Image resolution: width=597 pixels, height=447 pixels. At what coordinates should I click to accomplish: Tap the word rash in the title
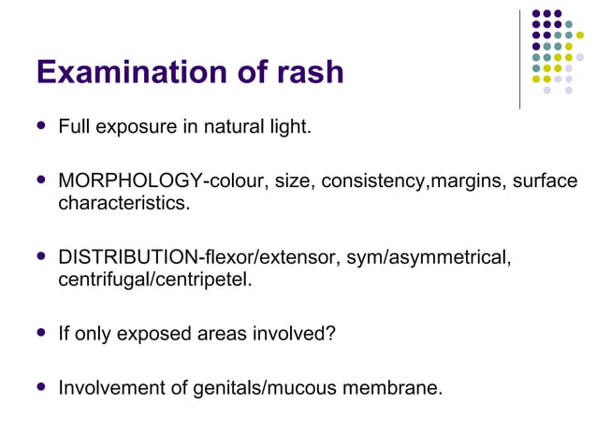[308, 72]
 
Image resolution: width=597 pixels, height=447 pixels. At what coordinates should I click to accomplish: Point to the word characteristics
[124, 202]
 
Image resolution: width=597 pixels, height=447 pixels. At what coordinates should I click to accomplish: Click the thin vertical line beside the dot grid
[520, 58]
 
